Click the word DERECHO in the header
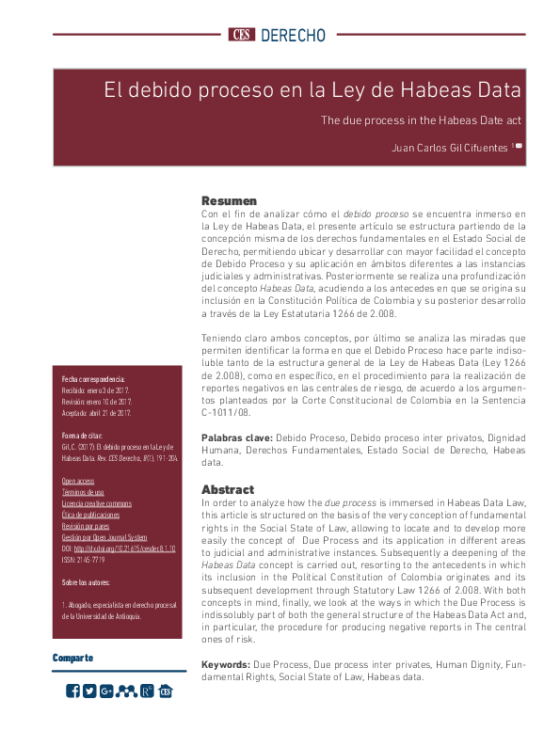292,36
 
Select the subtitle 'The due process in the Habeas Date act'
421,119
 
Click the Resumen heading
229,200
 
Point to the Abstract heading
228,489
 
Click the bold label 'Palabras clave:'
237,438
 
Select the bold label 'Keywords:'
226,664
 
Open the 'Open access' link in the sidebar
77,480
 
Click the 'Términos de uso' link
83,492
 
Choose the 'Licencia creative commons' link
97,503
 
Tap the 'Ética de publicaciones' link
90,515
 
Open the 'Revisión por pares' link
85,526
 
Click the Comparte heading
72,658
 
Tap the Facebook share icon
73,691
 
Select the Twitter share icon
89,691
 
